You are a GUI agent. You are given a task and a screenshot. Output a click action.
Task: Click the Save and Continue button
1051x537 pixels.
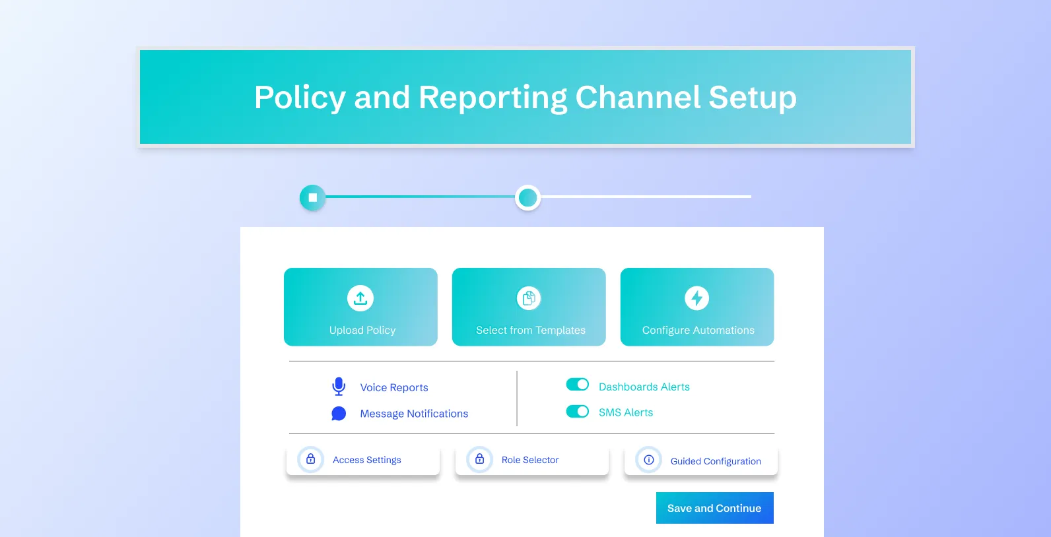pyautogui.click(x=714, y=508)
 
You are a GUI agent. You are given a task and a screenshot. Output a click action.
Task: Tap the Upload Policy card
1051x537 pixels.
pyautogui.click(x=360, y=307)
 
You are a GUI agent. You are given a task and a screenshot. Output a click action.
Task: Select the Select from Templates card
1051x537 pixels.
pyautogui.click(x=529, y=307)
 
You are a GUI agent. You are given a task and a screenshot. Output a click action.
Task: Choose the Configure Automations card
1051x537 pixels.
pyautogui.click(x=697, y=307)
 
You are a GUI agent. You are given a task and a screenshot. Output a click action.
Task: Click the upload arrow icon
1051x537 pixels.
pyautogui.click(x=360, y=298)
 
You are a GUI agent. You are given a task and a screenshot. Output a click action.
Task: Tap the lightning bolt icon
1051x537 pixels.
pyautogui.click(x=697, y=298)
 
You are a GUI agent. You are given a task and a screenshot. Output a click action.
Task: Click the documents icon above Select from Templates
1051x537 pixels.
pyautogui.click(x=529, y=298)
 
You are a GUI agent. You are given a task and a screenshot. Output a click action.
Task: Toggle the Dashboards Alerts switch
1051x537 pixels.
pyautogui.click(x=578, y=385)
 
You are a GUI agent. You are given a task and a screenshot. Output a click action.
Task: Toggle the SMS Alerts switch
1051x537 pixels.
pyautogui.click(x=578, y=412)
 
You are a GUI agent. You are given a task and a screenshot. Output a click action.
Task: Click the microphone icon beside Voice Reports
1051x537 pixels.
pyautogui.click(x=339, y=387)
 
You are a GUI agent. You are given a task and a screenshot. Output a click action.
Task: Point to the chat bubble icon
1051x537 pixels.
pyautogui.click(x=339, y=414)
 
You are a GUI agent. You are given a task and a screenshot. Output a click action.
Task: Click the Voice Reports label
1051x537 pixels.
pyautogui.click(x=394, y=387)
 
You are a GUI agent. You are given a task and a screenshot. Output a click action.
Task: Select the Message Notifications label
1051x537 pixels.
pyautogui.click(x=414, y=414)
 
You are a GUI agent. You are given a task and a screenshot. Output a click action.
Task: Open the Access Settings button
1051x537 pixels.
pyautogui.click(x=363, y=460)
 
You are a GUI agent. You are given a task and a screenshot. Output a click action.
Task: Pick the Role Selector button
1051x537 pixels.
pyautogui.click(x=532, y=460)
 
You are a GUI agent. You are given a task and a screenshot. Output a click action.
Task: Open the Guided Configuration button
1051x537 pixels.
pyautogui.click(x=701, y=460)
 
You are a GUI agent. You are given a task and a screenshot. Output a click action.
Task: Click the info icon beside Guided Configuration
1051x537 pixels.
pyautogui.click(x=649, y=460)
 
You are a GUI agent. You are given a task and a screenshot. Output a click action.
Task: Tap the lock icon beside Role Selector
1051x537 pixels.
pyautogui.click(x=480, y=459)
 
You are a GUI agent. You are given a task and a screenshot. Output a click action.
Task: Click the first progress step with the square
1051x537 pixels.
pyautogui.click(x=313, y=197)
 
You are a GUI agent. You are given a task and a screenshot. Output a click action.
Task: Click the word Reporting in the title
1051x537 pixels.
pyautogui.click(x=492, y=98)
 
